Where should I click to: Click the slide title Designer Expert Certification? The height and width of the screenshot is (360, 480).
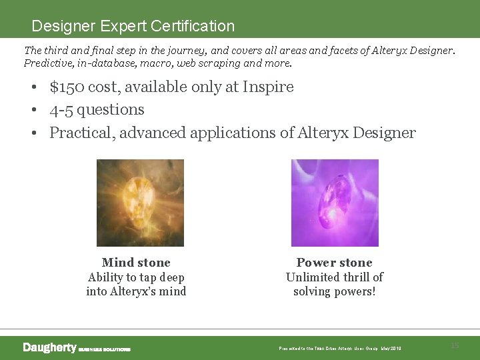133,26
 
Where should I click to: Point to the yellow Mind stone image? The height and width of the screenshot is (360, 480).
140,203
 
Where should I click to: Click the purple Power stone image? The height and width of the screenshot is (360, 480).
335,203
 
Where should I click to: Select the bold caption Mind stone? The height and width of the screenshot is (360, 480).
136,263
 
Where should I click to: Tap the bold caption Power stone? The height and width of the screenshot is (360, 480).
334,263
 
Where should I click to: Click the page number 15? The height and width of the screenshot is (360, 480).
455,345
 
